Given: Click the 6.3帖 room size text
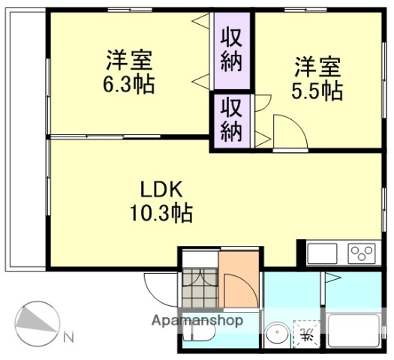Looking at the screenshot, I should click(x=129, y=84).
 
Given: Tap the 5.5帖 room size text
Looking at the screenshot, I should click(x=317, y=91).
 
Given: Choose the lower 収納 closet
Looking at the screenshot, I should click(x=232, y=119).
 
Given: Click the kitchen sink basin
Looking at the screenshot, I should click(x=321, y=253).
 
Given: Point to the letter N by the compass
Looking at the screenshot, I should click(x=68, y=338).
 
